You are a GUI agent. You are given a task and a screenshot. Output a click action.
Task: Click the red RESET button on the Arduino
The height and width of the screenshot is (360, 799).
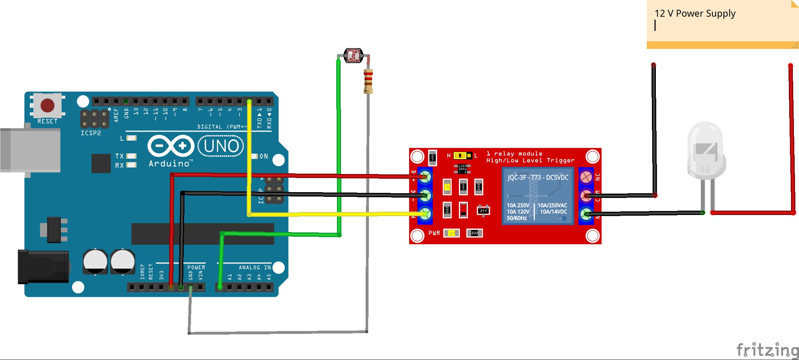[x=47, y=105]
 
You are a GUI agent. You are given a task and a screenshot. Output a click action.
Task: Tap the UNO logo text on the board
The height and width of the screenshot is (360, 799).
[x=221, y=146]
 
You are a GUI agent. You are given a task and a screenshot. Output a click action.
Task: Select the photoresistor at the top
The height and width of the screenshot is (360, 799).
[x=353, y=56]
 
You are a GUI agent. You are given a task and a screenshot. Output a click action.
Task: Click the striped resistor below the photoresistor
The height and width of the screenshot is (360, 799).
[x=368, y=80]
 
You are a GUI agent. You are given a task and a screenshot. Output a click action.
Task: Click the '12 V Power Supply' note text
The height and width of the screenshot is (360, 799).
[x=695, y=14]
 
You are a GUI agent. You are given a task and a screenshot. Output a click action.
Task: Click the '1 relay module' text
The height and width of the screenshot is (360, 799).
[x=514, y=154]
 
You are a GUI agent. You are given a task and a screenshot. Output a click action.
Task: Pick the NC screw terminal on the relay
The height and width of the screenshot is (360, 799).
[x=586, y=177]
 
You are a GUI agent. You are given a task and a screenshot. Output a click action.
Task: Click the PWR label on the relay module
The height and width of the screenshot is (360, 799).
[x=434, y=233]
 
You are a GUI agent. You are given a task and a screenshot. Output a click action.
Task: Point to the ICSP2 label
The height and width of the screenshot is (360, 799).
[x=91, y=133]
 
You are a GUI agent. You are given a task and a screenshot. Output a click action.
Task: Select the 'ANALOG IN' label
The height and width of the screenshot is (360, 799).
[x=255, y=268]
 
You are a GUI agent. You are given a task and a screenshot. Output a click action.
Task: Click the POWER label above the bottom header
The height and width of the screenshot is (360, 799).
[x=196, y=268]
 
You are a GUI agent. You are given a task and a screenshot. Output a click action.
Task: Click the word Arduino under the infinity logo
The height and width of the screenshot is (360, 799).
[x=169, y=164]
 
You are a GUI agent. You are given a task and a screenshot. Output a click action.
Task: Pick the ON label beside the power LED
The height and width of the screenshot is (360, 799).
[x=263, y=156]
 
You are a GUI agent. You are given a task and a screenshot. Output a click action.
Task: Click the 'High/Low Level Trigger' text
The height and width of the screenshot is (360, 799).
[x=530, y=161]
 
